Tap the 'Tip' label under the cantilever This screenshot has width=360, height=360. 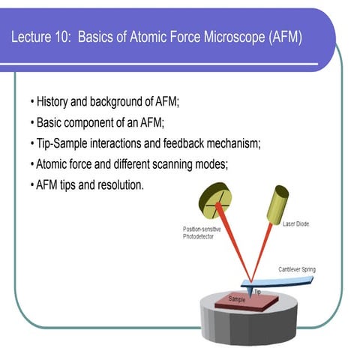[257, 291]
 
